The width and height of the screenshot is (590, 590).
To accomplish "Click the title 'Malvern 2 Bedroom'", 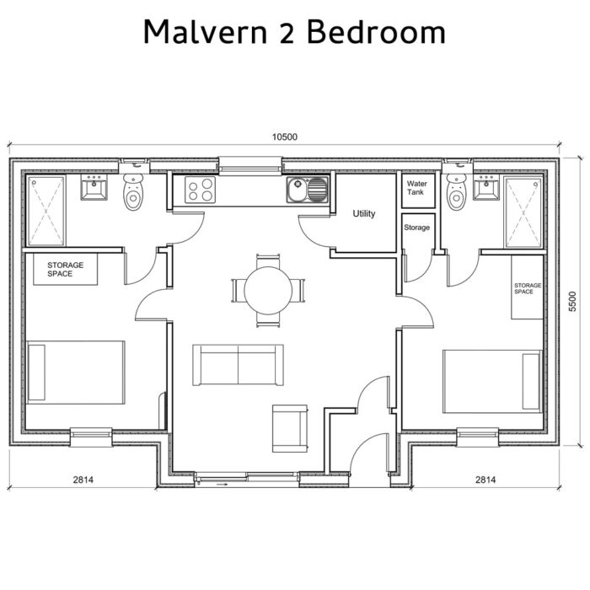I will [x=294, y=32].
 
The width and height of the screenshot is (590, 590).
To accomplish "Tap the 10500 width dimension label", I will [x=284, y=137].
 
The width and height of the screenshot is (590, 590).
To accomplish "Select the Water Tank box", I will [x=416, y=189].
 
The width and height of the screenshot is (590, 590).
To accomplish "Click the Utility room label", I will [x=364, y=214].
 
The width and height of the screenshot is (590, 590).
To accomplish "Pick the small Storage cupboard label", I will [x=416, y=228].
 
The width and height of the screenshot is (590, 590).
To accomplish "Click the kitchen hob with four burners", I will [x=200, y=190].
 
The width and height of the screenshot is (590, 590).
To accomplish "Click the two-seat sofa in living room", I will [x=238, y=363].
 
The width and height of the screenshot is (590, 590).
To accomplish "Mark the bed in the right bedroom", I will [x=491, y=381].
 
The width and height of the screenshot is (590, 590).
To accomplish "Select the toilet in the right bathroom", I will [x=456, y=193].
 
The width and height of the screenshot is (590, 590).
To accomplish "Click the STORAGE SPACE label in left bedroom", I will [x=65, y=270].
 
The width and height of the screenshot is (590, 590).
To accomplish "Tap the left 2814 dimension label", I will [x=83, y=480].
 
